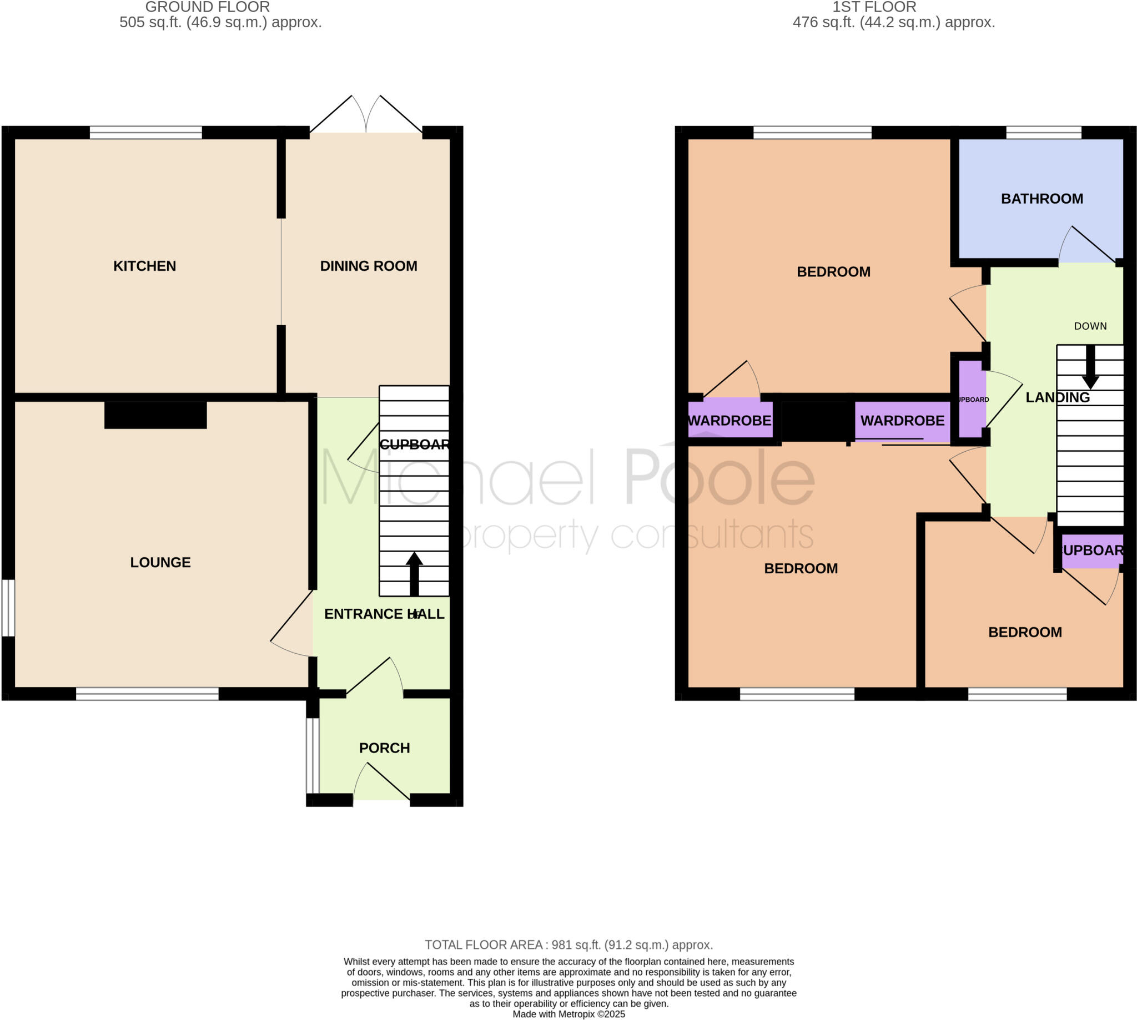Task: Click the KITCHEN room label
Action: click(x=145, y=266)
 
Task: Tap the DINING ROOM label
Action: click(x=368, y=266)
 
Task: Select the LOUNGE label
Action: click(x=160, y=562)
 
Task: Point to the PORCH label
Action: click(x=384, y=748)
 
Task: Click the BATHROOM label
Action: click(x=1042, y=199)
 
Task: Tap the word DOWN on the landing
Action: click(x=1090, y=326)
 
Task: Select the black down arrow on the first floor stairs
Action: click(x=1090, y=367)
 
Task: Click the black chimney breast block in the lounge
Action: click(x=155, y=415)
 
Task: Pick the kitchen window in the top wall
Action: click(x=146, y=133)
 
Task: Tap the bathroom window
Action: click(x=1043, y=133)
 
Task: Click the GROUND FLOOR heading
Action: click(x=208, y=7)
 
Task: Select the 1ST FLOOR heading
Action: click(x=874, y=7)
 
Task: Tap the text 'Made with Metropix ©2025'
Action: click(x=568, y=1014)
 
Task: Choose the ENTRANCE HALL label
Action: click(x=384, y=614)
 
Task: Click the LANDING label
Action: click(x=1058, y=397)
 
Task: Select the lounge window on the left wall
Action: click(x=8, y=608)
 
